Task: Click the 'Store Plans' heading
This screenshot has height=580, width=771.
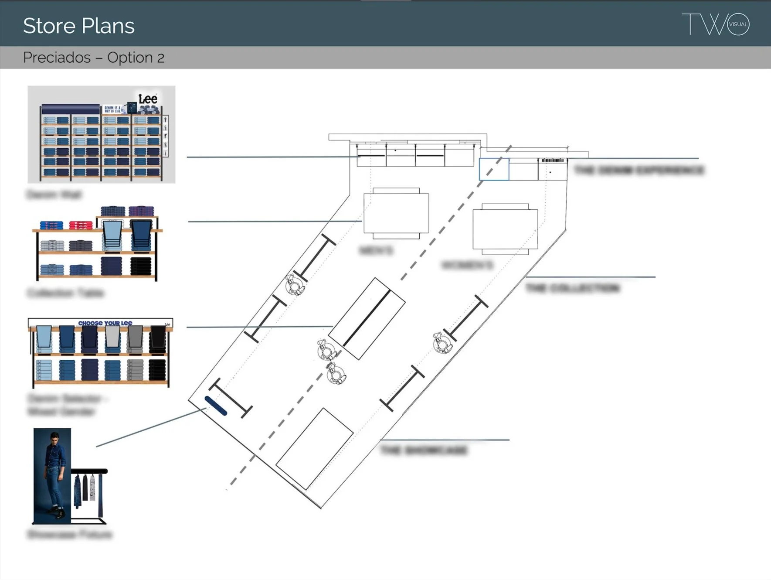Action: pyautogui.click(x=78, y=26)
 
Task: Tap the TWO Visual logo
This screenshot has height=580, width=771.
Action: pyautogui.click(x=715, y=24)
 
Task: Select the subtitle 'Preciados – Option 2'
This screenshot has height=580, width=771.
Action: pyautogui.click(x=94, y=58)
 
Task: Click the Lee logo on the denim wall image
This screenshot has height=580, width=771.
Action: pyautogui.click(x=148, y=99)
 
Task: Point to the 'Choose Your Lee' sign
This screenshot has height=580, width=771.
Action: pyautogui.click(x=105, y=323)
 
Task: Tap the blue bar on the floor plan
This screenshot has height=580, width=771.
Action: pyautogui.click(x=216, y=406)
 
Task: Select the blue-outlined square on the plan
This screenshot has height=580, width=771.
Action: pyautogui.click(x=494, y=169)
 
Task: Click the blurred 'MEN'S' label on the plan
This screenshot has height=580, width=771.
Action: pyautogui.click(x=376, y=250)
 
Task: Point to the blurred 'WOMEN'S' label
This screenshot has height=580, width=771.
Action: pyautogui.click(x=467, y=265)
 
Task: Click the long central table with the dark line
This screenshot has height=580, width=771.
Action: pyautogui.click(x=367, y=318)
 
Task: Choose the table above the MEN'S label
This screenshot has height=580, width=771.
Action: pyautogui.click(x=396, y=214)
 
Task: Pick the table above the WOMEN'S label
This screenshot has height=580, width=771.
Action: pyautogui.click(x=505, y=229)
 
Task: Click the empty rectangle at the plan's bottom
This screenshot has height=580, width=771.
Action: pyautogui.click(x=314, y=449)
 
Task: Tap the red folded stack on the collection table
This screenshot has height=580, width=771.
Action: pyautogui.click(x=81, y=225)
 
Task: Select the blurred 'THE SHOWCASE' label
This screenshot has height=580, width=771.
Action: pyautogui.click(x=423, y=450)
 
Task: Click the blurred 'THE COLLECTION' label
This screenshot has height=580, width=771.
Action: pyautogui.click(x=572, y=288)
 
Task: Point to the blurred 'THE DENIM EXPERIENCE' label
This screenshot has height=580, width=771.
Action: pyautogui.click(x=639, y=170)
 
